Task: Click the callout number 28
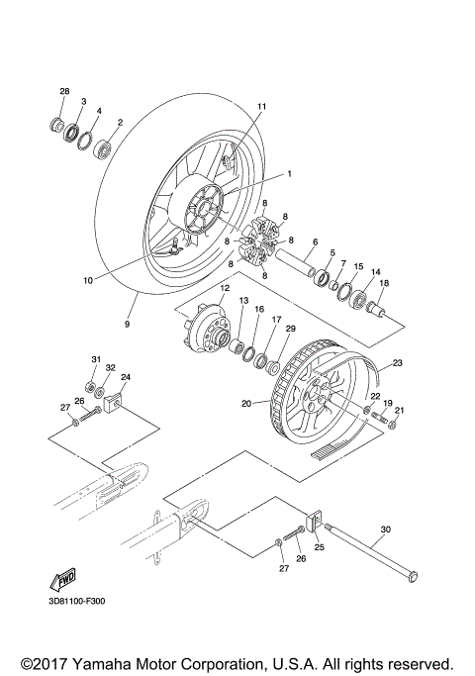tap(64, 91)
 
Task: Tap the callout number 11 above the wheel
tap(262, 106)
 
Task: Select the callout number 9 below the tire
tap(127, 323)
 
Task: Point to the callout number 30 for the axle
tap(386, 530)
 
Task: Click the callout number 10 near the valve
tap(88, 280)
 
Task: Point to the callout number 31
tap(96, 358)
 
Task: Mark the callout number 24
tap(126, 377)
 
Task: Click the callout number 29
tap(290, 329)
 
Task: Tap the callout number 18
tap(385, 284)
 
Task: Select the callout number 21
tap(400, 410)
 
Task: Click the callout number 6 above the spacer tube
tap(315, 242)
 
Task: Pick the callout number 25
tap(320, 545)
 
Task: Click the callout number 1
tap(290, 173)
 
